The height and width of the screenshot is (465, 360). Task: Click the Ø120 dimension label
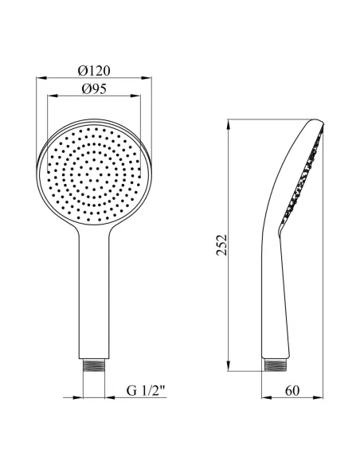[94, 71]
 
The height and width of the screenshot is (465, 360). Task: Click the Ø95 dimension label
[94, 88]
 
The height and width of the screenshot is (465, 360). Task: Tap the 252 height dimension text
[221, 245]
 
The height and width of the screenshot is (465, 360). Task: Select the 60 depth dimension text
[292, 391]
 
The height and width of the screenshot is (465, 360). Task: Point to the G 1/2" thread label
[146, 391]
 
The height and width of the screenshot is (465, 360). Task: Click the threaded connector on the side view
[276, 365]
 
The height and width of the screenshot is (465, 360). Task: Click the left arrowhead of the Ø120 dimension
[41, 78]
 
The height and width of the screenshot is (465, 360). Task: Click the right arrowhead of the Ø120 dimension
[147, 78]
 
